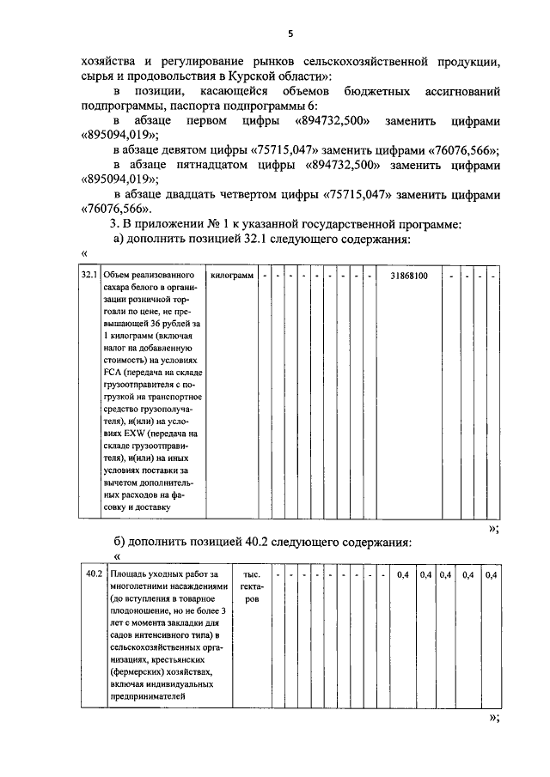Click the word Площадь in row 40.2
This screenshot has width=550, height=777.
131,574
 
